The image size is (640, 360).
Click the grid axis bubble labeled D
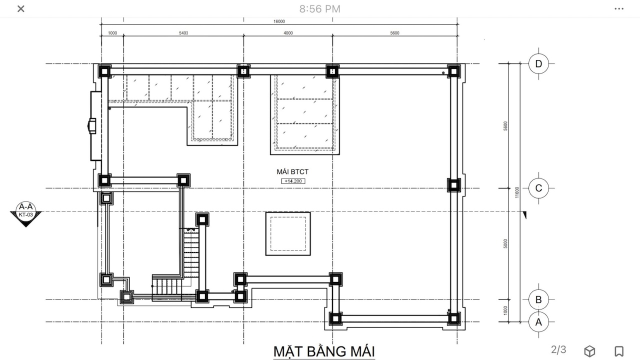pos(538,63)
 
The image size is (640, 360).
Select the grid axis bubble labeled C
pos(538,188)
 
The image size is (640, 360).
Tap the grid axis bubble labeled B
pos(538,299)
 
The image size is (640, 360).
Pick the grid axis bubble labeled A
pos(538,322)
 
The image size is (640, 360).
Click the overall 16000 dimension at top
pos(279,21)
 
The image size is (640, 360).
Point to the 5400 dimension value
pos(183,33)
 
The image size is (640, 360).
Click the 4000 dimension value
pos(288,33)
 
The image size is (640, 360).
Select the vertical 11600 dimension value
pos(516,192)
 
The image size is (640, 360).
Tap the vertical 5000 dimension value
pos(505,243)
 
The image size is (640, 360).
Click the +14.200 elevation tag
pos(293,181)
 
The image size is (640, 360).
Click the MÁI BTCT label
pos(292,171)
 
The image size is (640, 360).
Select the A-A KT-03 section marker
pos(25,213)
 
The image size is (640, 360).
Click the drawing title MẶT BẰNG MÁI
pos(324,351)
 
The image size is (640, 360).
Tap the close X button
pos(21,9)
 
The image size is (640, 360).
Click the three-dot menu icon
pos(619,9)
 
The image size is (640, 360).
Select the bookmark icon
pos(619,351)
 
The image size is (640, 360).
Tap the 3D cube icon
pos(589,351)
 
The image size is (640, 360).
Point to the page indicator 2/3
pos(558,349)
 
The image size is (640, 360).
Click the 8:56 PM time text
pos(319,9)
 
